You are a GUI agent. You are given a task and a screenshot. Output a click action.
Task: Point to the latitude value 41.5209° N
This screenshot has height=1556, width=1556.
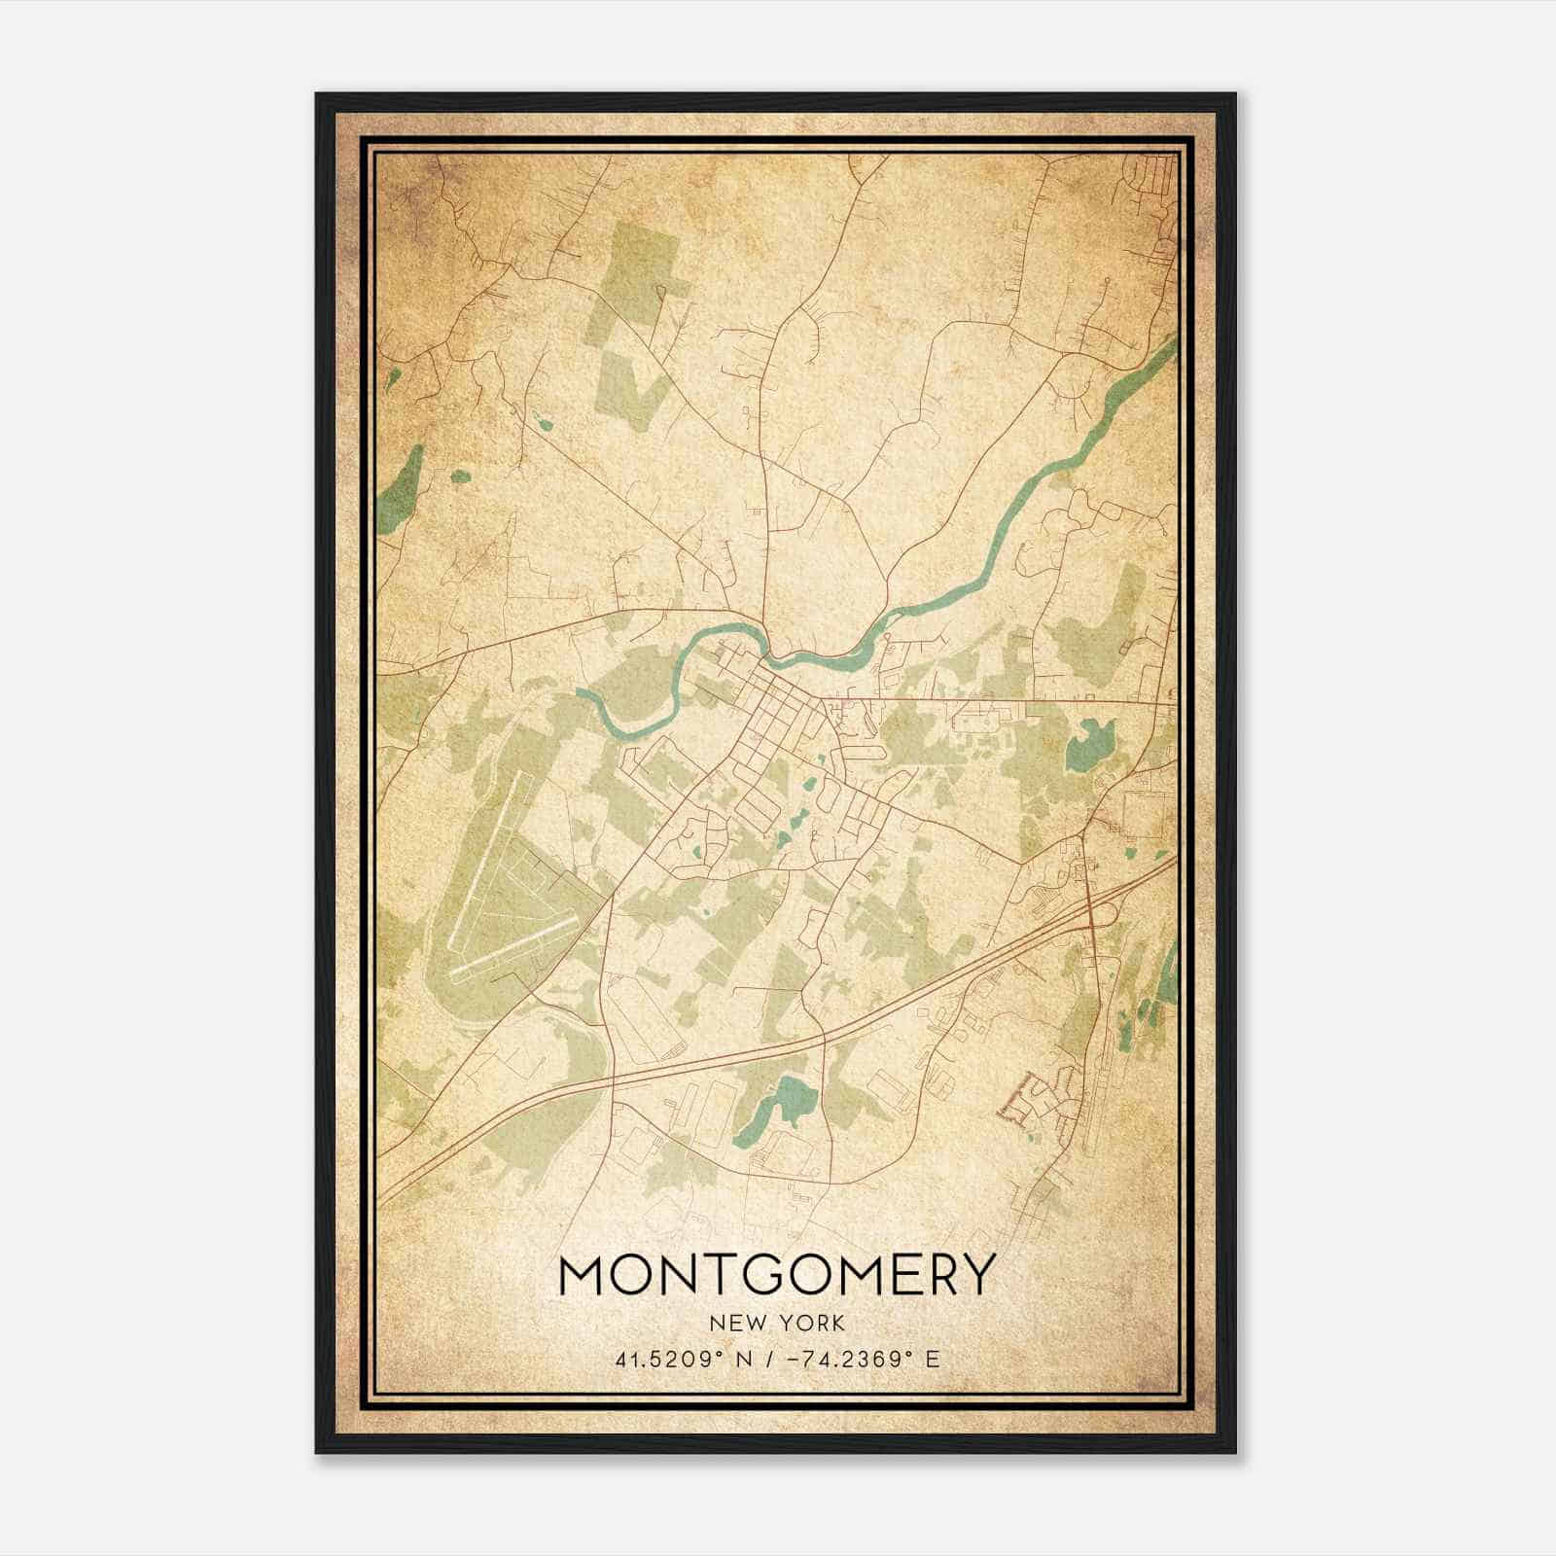pyautogui.click(x=677, y=1359)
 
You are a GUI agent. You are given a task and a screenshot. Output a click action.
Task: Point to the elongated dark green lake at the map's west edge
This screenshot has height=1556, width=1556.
pyautogui.click(x=399, y=486)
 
